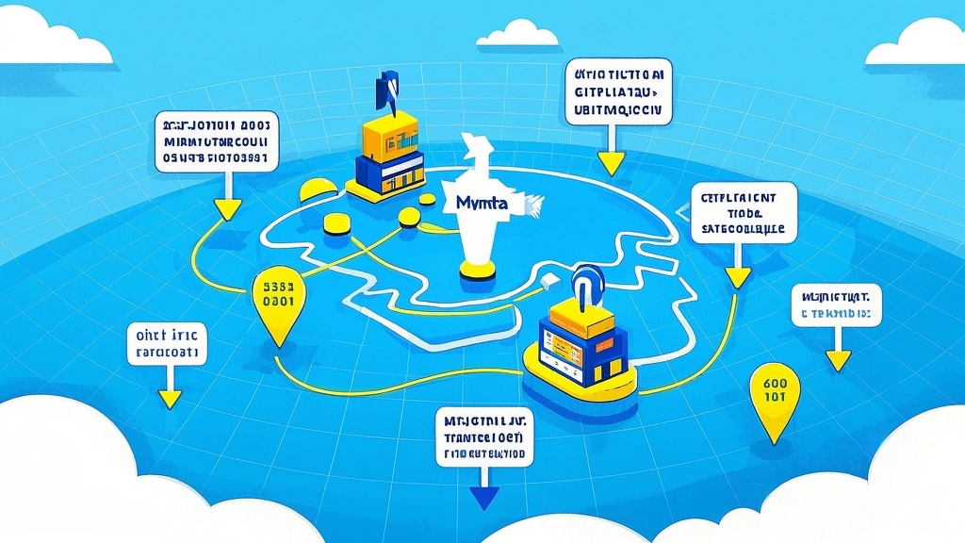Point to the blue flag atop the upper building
tap(386, 90)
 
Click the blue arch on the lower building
tap(588, 284)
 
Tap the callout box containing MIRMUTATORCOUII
tap(216, 141)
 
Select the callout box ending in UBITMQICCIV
tap(619, 92)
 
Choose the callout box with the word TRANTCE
tap(484, 436)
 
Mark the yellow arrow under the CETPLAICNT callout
tap(738, 275)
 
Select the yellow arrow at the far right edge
tap(837, 359)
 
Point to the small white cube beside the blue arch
tap(551, 279)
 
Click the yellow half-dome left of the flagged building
tap(317, 191)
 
